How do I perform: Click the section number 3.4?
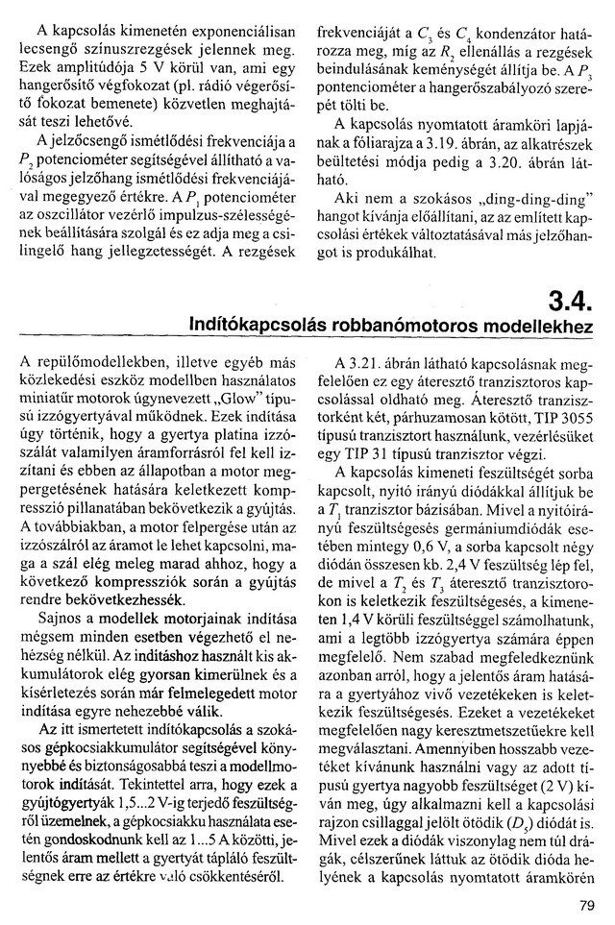point(568,304)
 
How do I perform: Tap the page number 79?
point(588,904)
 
